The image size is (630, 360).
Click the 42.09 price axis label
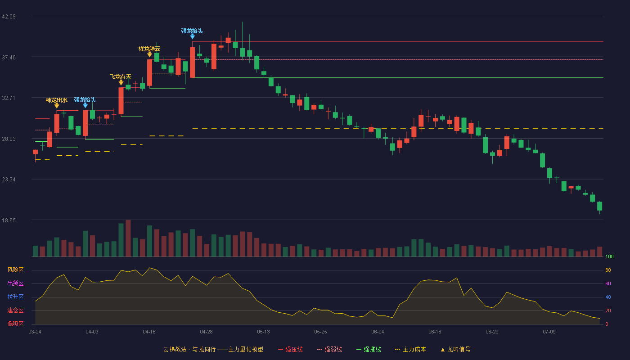[9, 17]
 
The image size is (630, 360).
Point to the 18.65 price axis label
[9, 220]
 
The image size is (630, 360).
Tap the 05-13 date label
[263, 332]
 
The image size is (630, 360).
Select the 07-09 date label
[549, 332]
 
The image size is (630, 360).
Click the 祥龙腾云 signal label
[149, 49]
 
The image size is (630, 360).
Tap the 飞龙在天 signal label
[121, 77]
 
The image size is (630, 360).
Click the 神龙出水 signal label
[57, 100]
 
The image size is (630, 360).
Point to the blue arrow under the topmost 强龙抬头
[193, 36]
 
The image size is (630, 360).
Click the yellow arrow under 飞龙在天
[121, 82]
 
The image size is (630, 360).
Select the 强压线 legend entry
[290, 349]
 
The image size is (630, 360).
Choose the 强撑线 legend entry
[369, 349]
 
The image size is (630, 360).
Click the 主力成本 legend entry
[410, 349]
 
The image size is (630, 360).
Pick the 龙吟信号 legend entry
[455, 349]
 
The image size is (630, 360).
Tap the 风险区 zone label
[15, 270]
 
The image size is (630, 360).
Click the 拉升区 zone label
[15, 297]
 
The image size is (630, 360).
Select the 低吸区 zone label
[15, 324]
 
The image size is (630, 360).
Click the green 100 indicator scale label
[609, 256]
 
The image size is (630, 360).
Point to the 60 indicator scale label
[608, 283]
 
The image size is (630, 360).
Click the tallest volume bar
[128, 238]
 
